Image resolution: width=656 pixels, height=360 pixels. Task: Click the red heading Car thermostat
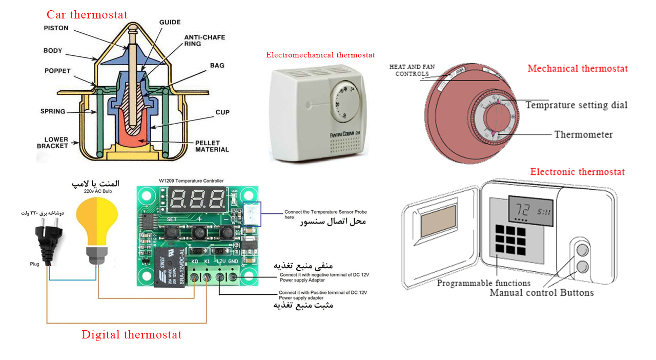pyautogui.click(x=87, y=14)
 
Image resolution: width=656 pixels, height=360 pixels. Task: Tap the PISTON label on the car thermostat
pyautogui.click(x=56, y=28)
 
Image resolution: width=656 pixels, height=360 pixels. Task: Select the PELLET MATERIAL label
pyautogui.click(x=212, y=146)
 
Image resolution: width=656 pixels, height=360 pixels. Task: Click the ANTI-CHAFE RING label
pyautogui.click(x=204, y=41)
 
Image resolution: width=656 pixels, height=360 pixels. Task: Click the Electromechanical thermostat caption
pyautogui.click(x=320, y=55)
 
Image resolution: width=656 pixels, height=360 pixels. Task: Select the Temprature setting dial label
pyautogui.click(x=577, y=105)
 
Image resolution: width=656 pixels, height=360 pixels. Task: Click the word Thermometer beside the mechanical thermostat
pyautogui.click(x=583, y=134)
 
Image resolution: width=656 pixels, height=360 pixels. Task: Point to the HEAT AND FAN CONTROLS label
pyautogui.click(x=409, y=70)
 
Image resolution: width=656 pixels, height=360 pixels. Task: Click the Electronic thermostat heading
pyautogui.click(x=578, y=172)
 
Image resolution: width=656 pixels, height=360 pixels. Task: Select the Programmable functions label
pyautogui.click(x=484, y=283)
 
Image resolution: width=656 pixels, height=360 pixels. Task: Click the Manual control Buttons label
pyautogui.click(x=542, y=293)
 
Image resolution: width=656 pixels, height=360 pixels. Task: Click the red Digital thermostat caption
pyautogui.click(x=131, y=335)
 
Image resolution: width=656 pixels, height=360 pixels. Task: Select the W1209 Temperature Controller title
pyautogui.click(x=191, y=181)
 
